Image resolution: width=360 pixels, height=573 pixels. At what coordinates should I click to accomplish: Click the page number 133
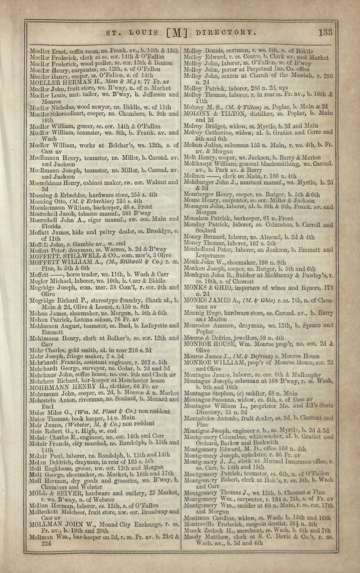(326, 33)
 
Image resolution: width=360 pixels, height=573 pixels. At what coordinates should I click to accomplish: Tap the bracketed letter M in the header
(175, 33)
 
